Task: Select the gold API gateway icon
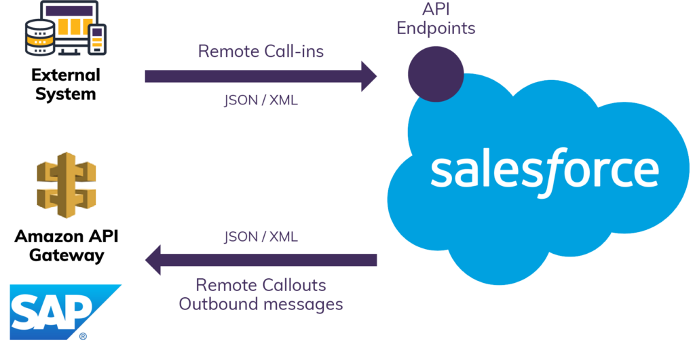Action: [x=66, y=185]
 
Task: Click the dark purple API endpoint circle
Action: [x=435, y=72]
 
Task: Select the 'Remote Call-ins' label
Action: [x=261, y=51]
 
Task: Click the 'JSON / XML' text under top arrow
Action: [x=261, y=101]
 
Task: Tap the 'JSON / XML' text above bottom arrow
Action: [x=261, y=237]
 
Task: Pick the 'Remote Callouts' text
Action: [x=261, y=284]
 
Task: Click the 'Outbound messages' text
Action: [x=261, y=303]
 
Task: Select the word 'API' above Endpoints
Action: [x=435, y=10]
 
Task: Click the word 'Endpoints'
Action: [x=435, y=28]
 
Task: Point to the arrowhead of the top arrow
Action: [x=368, y=76]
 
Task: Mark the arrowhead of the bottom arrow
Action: [x=153, y=260]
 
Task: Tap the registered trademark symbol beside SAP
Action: [x=83, y=337]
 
